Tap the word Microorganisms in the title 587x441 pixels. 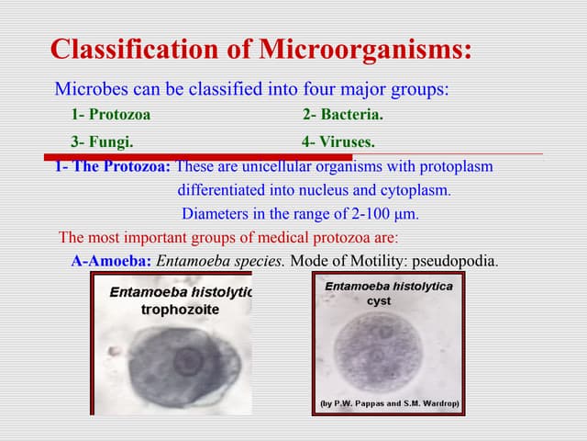coord(365,49)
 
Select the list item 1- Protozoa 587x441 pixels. coord(111,115)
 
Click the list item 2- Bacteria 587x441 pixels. coord(343,115)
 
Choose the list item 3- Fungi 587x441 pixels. coord(103,142)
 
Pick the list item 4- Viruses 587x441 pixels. coord(338,142)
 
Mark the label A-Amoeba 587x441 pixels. coord(111,260)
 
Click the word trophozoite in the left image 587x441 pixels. coord(180,310)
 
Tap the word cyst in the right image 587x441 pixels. coord(379,300)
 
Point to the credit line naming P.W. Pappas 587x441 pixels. coord(389,403)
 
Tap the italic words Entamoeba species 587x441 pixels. coord(221,260)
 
